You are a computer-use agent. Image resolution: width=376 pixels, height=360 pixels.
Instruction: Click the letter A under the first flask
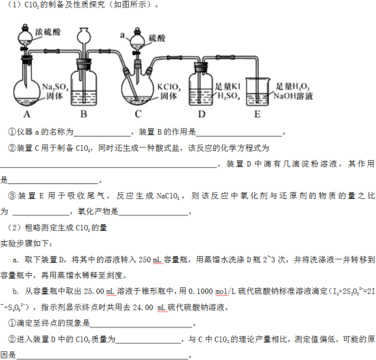pyautogui.click(x=27, y=114)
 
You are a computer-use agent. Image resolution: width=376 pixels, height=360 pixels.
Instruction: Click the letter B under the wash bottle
pyautogui.click(x=83, y=113)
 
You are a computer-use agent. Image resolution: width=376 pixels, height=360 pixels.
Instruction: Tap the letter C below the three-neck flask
pyautogui.click(x=138, y=113)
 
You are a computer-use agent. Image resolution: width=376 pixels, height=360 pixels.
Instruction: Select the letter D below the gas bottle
pyautogui.click(x=202, y=114)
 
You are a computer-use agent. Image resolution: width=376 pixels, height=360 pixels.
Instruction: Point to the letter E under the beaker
pyautogui.click(x=257, y=114)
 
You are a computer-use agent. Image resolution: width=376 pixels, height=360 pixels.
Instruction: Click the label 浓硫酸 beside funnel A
pyautogui.click(x=48, y=32)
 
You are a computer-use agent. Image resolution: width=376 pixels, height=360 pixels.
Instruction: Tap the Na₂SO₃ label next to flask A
pyautogui.click(x=55, y=87)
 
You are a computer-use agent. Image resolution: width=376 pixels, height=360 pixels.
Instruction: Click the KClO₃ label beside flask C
pyautogui.click(x=169, y=87)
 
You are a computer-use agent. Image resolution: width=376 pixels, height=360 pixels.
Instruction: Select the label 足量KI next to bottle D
pyautogui.click(x=227, y=86)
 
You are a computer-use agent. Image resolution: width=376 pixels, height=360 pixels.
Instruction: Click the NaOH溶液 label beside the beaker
pyautogui.click(x=293, y=96)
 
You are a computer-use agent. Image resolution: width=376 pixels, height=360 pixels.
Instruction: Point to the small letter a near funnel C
pyautogui.click(x=122, y=35)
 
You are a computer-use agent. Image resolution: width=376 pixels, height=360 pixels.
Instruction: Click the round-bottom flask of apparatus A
pyautogui.click(x=26, y=92)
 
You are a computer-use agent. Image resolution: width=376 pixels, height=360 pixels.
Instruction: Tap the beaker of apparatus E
pyautogui.click(x=257, y=92)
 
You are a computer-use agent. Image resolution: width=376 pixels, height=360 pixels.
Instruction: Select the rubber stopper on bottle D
pyautogui.click(x=200, y=67)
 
